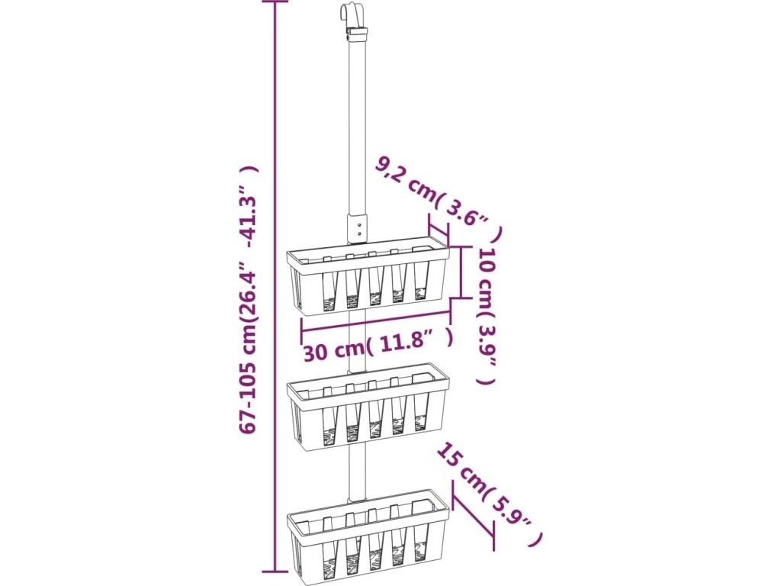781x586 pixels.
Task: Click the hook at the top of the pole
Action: pyautogui.click(x=348, y=15)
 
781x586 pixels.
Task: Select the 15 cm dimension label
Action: pyautogui.click(x=488, y=494)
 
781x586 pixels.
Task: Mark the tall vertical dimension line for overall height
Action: pyautogui.click(x=275, y=290)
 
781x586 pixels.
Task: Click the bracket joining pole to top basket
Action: pyautogui.click(x=356, y=227)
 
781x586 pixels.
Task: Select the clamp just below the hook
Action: pyautogui.click(x=355, y=34)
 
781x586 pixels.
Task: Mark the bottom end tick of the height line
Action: pyautogui.click(x=275, y=570)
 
